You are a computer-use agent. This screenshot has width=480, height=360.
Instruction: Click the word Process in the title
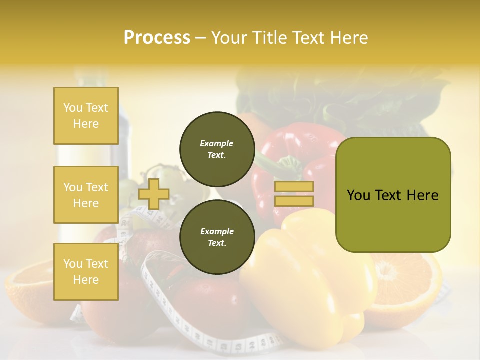pyautogui.click(x=157, y=38)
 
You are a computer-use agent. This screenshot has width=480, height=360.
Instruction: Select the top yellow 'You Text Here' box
pyautogui.click(x=86, y=116)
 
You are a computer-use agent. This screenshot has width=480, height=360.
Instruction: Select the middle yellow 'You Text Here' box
pyautogui.click(x=86, y=195)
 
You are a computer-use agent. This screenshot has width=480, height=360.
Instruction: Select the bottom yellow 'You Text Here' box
pyautogui.click(x=86, y=271)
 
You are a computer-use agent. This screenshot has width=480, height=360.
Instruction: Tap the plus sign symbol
pyautogui.click(x=153, y=194)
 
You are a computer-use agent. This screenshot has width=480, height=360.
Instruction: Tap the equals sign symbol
pyautogui.click(x=294, y=194)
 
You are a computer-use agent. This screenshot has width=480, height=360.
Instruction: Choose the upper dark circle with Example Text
pyautogui.click(x=217, y=149)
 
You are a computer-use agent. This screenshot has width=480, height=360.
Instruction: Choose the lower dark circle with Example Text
pyautogui.click(x=217, y=237)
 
